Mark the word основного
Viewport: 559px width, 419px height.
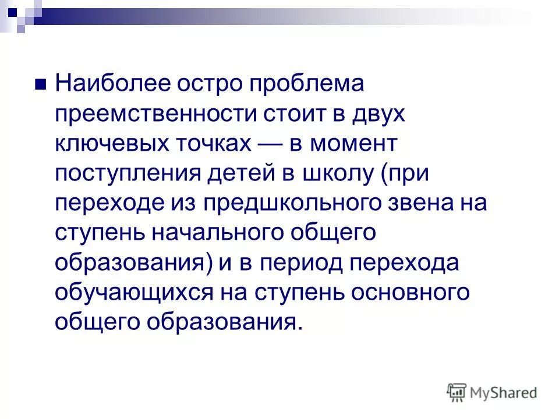411,293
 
